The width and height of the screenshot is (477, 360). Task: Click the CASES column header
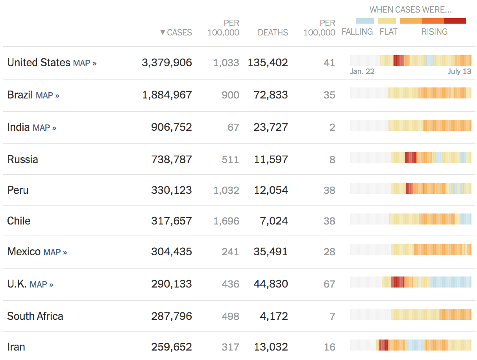click(x=176, y=33)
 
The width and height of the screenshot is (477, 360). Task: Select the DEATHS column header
click(x=273, y=33)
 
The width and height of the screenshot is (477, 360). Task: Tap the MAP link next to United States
click(x=85, y=63)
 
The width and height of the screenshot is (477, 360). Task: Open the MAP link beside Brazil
click(x=47, y=95)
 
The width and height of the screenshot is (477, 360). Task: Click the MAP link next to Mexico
click(x=55, y=252)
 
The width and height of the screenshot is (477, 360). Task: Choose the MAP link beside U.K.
click(x=41, y=284)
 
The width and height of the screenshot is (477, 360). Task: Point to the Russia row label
click(x=22, y=160)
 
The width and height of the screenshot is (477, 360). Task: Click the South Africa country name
click(x=35, y=316)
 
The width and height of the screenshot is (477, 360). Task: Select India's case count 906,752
click(x=172, y=127)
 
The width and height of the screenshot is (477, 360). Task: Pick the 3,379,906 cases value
click(x=167, y=63)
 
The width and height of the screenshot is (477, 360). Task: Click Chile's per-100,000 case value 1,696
click(x=226, y=221)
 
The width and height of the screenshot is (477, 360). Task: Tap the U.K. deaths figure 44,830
click(x=271, y=284)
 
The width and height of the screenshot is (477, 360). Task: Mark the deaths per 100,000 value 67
click(x=329, y=284)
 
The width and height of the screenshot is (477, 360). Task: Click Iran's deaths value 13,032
click(x=271, y=347)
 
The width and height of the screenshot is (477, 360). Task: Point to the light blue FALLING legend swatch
click(x=364, y=21)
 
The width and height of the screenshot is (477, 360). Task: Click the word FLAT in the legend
click(x=388, y=32)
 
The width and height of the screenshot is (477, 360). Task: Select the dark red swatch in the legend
click(x=455, y=21)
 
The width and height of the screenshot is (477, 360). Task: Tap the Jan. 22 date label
click(x=362, y=72)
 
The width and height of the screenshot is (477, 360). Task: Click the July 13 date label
click(x=459, y=72)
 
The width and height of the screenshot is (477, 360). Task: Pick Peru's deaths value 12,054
click(x=271, y=190)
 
